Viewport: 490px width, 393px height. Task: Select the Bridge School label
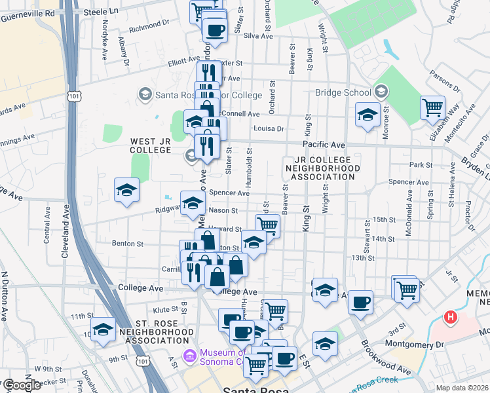pyautogui.click(x=342, y=92)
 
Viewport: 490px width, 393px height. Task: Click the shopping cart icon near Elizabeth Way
pyautogui.click(x=433, y=108)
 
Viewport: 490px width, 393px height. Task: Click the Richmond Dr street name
pyautogui.click(x=149, y=27)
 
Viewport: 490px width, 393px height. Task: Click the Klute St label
pyautogui.click(x=165, y=309)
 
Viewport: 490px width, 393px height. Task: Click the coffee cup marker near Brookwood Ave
pyautogui.click(x=360, y=302)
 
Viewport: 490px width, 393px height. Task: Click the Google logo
pyautogui.click(x=22, y=386)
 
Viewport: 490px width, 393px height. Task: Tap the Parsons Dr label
pyautogui.click(x=448, y=81)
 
